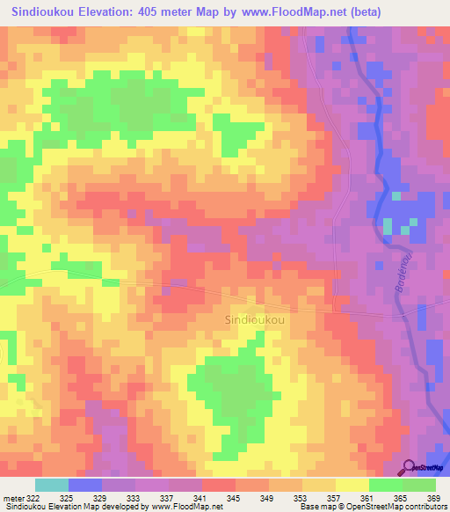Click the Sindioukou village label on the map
(255, 320)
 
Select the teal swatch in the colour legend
(51, 485)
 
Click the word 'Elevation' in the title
(105, 13)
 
